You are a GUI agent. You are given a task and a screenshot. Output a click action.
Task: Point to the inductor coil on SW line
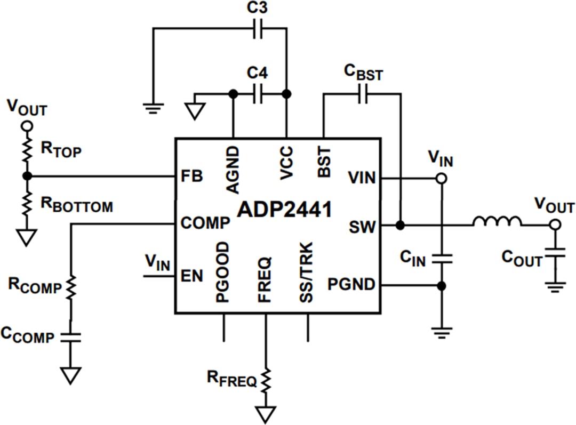[x=497, y=222]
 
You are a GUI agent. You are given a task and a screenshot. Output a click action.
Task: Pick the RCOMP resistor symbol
[x=70, y=287]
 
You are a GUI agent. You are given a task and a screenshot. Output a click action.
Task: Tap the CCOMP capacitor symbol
[x=70, y=336]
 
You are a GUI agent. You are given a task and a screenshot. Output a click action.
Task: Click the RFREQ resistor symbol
[x=265, y=380]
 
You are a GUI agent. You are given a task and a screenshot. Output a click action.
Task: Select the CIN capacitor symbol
[x=441, y=259]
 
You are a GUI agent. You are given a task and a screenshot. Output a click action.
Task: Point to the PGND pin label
[x=351, y=285]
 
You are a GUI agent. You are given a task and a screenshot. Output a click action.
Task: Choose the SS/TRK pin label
[x=307, y=272]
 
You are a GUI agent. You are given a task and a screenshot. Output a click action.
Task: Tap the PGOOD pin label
[x=223, y=272]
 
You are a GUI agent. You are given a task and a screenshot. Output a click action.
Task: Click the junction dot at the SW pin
[x=400, y=226]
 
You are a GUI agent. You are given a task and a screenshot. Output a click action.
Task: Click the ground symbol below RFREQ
[x=265, y=414]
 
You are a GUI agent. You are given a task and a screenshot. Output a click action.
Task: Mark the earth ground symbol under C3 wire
[x=153, y=109]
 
